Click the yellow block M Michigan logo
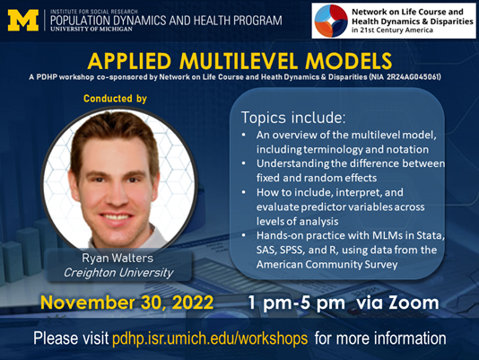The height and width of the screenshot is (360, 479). coord(23,20)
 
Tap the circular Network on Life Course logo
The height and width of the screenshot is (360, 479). coord(331,21)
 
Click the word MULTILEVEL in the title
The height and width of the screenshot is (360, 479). coord(239,61)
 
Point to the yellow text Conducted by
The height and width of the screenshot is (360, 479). coord(115,99)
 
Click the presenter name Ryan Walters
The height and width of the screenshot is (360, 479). coord(118,259)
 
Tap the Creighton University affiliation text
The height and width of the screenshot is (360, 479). coord(118,273)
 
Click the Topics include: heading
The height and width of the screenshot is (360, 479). coord(293,118)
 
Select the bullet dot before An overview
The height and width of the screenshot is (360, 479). coord(243,135)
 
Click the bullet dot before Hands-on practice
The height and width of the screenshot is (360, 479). coord(243,235)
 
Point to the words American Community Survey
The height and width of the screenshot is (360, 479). coord(327,264)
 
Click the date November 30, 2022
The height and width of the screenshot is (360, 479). coord(126,303)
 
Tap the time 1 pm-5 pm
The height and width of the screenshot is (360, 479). coord(297,303)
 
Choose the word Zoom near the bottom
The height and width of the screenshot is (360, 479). coord(414,303)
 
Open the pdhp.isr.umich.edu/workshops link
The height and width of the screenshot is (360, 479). coord(210,338)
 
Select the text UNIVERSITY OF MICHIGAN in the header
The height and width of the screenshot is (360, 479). coord(91,29)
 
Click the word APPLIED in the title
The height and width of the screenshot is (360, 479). coord(129,61)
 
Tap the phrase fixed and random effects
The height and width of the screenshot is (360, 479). coord(317,178)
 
